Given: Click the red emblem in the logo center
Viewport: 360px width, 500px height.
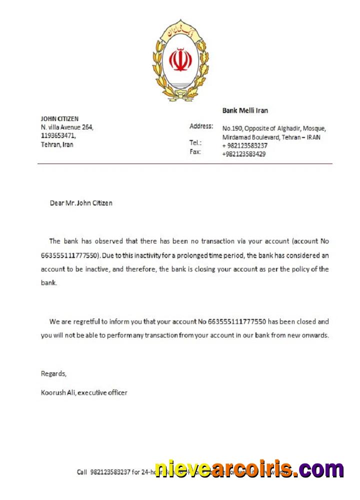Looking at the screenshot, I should (180, 59).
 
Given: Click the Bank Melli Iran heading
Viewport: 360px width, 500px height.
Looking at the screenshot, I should (244, 110).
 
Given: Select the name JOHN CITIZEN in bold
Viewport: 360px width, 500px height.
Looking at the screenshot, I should (59, 118).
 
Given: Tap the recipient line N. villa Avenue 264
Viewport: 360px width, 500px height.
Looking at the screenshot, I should (67, 127).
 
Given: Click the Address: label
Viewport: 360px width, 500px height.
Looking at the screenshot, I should (201, 126).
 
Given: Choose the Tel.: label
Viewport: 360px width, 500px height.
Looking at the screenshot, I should (195, 142).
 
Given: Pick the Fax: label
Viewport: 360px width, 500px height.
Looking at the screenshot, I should (195, 151).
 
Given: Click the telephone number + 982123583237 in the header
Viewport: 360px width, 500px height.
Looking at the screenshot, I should (245, 145).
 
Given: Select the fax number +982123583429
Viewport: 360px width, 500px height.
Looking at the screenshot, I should (244, 154).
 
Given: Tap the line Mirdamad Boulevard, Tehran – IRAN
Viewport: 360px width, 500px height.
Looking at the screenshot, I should (271, 137).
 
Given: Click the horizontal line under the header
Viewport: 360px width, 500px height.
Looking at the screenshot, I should (184, 163).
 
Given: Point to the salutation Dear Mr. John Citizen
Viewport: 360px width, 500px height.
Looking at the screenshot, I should (81, 203).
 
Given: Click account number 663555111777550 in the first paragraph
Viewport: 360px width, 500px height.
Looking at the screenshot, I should (70, 255).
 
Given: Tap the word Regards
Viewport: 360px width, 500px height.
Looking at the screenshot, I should (53, 373).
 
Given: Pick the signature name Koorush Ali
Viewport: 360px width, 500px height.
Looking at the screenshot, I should (57, 392).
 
